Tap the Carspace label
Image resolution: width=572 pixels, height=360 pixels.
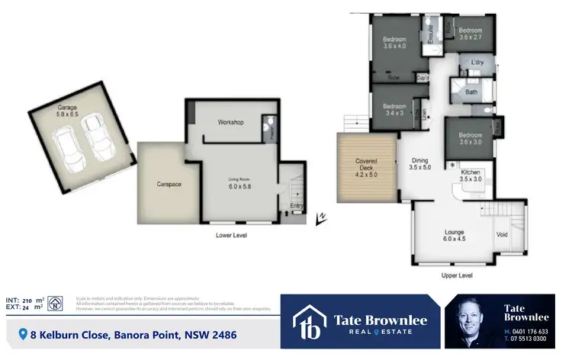(x=159, y=184)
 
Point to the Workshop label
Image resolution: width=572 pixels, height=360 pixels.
(x=230, y=122)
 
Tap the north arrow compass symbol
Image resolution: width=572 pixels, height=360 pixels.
(x=321, y=220)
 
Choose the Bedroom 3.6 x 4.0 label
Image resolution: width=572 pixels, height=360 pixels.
(x=394, y=43)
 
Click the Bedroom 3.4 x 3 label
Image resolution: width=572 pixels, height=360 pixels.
(x=394, y=110)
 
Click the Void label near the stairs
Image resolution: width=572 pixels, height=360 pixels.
(x=502, y=234)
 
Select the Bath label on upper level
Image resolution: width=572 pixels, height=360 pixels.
(x=471, y=92)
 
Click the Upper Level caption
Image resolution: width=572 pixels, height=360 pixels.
(x=458, y=275)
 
